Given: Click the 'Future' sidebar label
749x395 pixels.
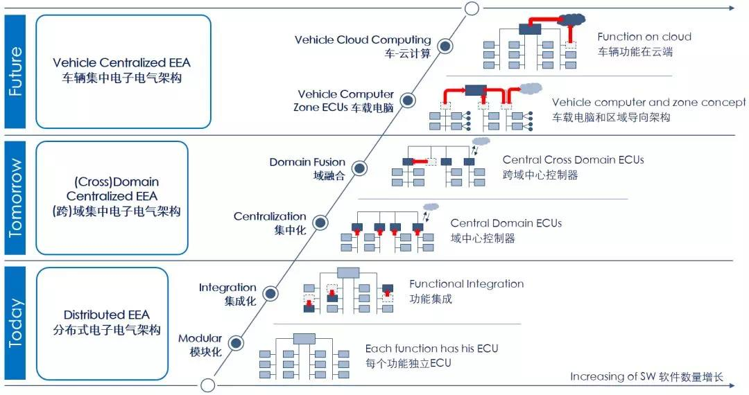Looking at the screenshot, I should click(x=15, y=71).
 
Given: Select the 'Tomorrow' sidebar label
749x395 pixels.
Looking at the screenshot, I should click(x=15, y=198).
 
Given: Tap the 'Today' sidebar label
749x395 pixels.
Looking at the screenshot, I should click(x=15, y=323).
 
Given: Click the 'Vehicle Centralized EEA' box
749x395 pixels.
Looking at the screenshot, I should click(x=123, y=71).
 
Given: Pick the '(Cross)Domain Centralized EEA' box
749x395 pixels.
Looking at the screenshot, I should click(x=112, y=197).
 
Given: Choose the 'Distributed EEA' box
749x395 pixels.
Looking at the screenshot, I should click(x=102, y=323).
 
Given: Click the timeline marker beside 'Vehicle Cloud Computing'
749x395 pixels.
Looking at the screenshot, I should click(x=447, y=46).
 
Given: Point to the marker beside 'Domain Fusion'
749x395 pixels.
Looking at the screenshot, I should click(x=359, y=168).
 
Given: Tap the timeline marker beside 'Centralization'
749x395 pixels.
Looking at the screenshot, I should click(x=320, y=222).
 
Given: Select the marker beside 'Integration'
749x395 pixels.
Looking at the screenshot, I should click(x=270, y=293).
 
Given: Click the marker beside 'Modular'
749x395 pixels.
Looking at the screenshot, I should click(x=236, y=343).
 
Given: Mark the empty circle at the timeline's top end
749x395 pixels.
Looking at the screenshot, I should click(x=472, y=8).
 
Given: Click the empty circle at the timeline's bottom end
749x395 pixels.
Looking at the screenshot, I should click(x=207, y=385).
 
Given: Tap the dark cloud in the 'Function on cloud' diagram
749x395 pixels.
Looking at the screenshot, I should click(x=571, y=19).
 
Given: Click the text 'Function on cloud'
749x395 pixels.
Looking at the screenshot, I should click(x=644, y=37).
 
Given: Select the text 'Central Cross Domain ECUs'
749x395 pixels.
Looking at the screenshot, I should click(x=573, y=160).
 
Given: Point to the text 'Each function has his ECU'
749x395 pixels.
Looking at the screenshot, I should click(x=431, y=349).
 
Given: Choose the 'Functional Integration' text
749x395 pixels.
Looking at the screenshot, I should click(x=466, y=284).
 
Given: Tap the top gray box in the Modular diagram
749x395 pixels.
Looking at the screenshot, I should click(x=304, y=339).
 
